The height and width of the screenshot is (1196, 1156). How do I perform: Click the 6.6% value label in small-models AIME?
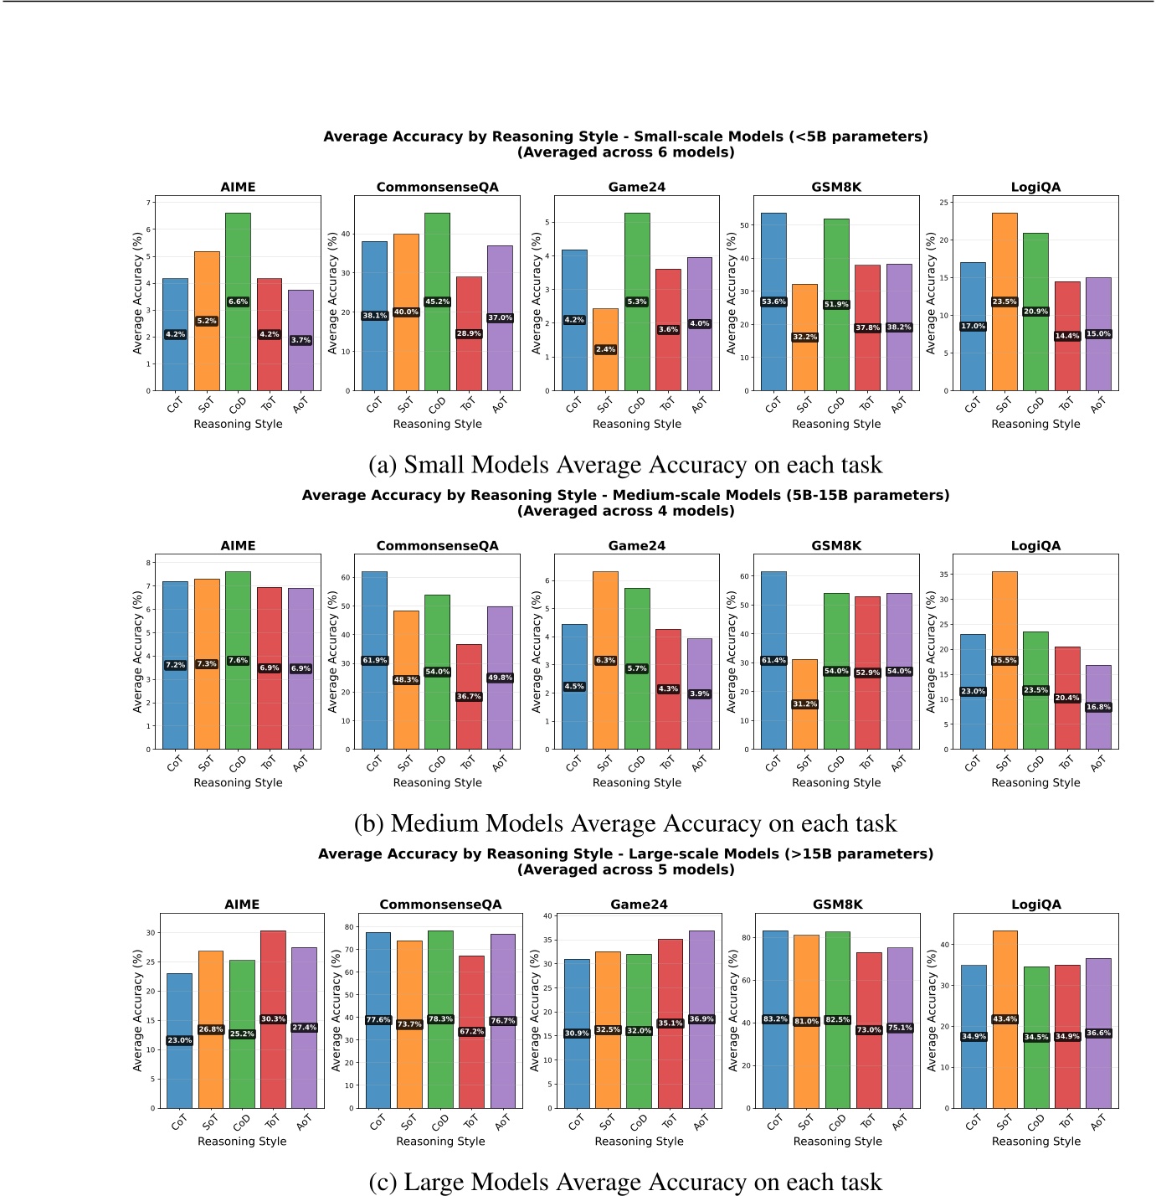click(238, 302)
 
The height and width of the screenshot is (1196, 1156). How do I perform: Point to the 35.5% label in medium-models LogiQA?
click(1004, 660)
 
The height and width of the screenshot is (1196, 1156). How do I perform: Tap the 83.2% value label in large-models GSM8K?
click(775, 1019)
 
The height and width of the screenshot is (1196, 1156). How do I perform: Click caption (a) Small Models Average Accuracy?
click(625, 465)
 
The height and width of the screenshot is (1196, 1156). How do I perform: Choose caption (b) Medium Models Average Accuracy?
click(625, 823)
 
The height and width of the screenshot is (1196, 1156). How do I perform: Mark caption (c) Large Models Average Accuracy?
click(625, 1182)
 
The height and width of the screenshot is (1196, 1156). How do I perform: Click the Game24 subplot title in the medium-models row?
click(636, 546)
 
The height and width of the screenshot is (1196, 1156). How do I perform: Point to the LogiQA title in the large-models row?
click(1035, 905)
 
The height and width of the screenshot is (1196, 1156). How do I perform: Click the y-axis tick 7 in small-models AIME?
click(148, 203)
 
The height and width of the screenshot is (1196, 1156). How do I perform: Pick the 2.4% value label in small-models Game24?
click(605, 349)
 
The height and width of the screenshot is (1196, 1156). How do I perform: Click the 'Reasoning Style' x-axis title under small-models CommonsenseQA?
click(437, 424)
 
